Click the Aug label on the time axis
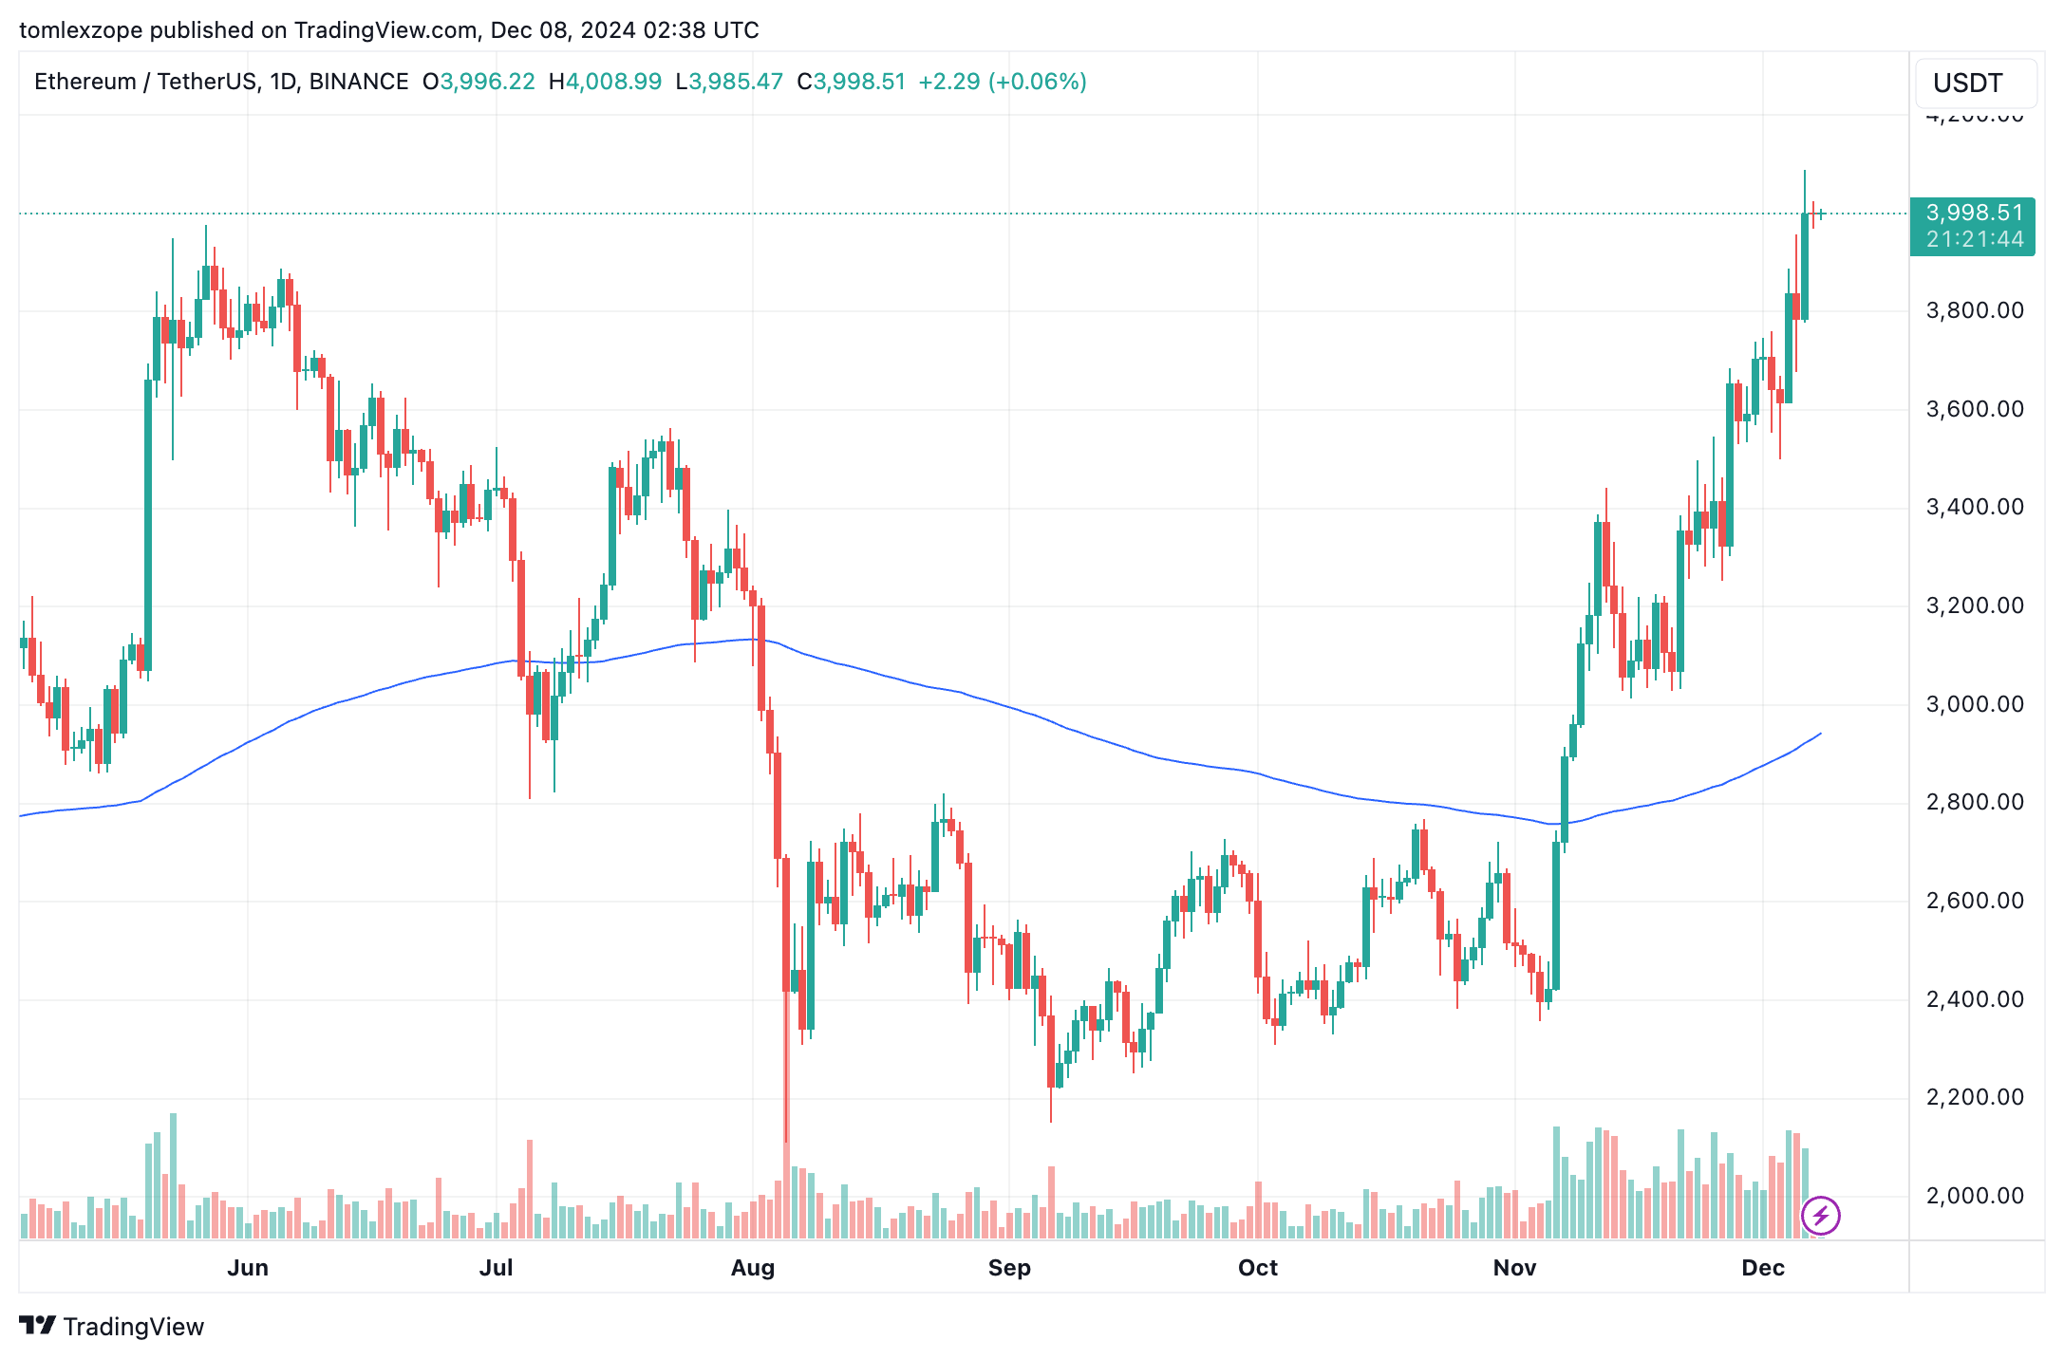753,1268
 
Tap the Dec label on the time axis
1763,1268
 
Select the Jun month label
248,1268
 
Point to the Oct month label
1258,1268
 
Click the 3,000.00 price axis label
1975,704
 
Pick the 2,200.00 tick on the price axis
1975,1097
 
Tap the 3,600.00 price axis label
1975,409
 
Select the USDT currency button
1968,84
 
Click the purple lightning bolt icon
1820,1216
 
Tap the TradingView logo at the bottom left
112,1326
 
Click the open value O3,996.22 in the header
479,82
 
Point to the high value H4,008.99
606,82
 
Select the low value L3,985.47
729,82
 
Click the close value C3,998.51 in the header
852,82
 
